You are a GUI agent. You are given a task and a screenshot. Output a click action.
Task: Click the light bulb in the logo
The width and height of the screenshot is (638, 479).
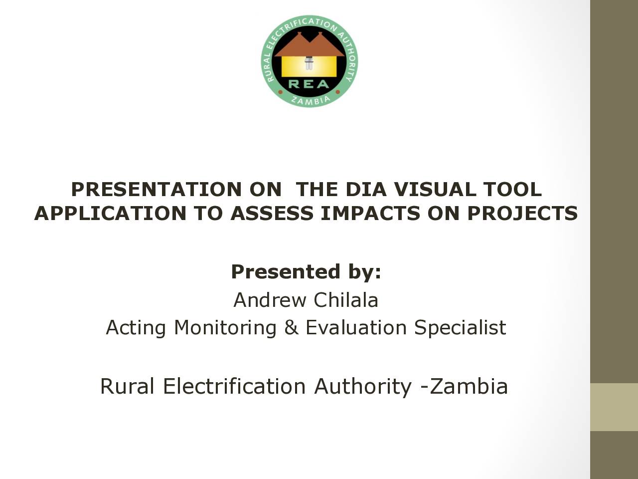click(x=309, y=63)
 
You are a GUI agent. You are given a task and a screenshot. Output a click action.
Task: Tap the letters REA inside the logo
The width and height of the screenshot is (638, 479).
click(x=309, y=84)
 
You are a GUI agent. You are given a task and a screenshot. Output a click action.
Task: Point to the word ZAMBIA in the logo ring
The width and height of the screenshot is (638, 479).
click(x=311, y=100)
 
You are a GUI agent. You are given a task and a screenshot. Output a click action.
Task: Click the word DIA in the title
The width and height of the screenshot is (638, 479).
click(x=366, y=189)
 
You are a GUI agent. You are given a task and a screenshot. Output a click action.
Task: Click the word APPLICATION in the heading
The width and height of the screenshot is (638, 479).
click(x=110, y=213)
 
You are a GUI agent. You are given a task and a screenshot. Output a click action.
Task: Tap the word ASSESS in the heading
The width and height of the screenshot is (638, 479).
click(x=272, y=213)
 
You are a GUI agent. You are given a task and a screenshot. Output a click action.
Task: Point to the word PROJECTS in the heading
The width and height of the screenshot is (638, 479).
click(x=522, y=213)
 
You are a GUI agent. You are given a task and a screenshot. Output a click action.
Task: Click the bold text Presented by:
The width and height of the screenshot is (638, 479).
click(x=306, y=272)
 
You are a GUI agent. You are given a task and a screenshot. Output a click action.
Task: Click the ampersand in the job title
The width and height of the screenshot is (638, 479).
click(x=292, y=327)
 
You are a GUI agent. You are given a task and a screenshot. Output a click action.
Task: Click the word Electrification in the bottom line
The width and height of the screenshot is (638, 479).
click(x=234, y=387)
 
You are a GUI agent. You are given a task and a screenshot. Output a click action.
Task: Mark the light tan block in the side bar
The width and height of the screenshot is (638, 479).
click(x=614, y=407)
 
